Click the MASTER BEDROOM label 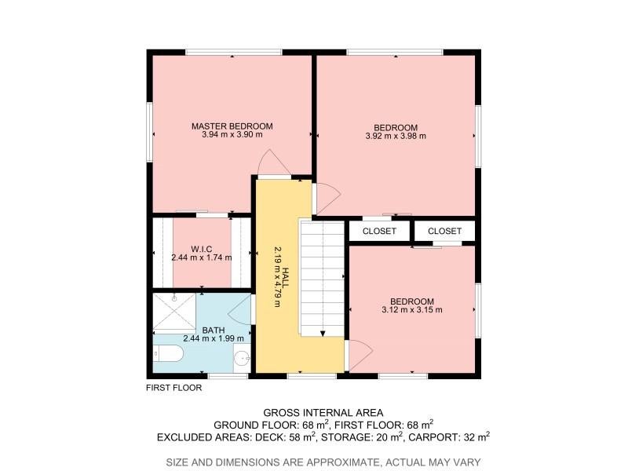tap(232, 126)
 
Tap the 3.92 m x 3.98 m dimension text tap(396, 136)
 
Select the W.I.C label tap(202, 249)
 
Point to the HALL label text tap(285, 277)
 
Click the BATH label tap(214, 330)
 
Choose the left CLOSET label tap(379, 231)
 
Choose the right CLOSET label tap(444, 231)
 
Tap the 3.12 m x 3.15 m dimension tap(412, 310)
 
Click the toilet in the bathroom tap(169, 354)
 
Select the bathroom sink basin tap(242, 358)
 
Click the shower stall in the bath tap(174, 312)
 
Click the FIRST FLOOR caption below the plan tap(173, 388)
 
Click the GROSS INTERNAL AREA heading tap(323, 413)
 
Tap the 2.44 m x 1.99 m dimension tap(214, 339)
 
